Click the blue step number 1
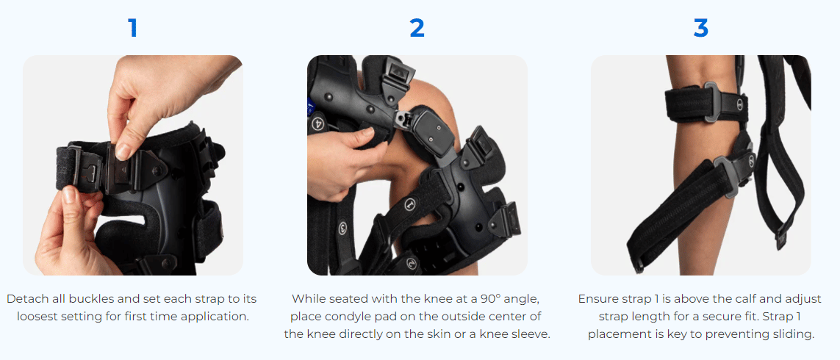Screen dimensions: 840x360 (x=133, y=28)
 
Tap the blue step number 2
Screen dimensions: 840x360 (x=417, y=28)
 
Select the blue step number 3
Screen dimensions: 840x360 (x=700, y=28)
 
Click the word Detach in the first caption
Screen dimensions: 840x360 (x=25, y=298)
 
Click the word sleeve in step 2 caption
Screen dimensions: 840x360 (x=531, y=334)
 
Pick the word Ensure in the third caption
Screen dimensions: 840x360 (x=597, y=298)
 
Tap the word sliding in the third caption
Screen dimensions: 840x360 (x=795, y=334)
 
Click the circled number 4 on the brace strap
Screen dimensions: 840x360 (x=317, y=122)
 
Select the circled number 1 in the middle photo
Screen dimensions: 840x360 (x=411, y=205)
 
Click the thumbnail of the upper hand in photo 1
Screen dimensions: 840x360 (x=123, y=152)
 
